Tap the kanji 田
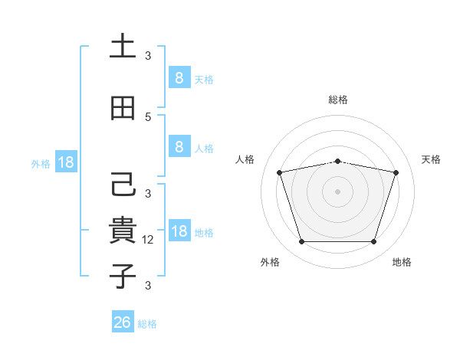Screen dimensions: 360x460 point(123,109)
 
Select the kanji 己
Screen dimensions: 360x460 point(123,185)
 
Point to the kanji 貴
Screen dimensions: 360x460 point(123,231)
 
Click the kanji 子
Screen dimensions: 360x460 point(123,276)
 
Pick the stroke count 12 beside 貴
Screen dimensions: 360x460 point(149,240)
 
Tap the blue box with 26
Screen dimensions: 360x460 point(122,322)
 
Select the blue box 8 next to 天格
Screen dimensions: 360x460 point(179,77)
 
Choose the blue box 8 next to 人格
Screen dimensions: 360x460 point(179,147)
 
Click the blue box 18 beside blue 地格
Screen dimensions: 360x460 point(179,232)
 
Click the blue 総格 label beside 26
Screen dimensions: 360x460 point(147,324)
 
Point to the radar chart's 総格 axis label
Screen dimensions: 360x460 point(337,100)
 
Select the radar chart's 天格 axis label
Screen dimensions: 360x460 point(431,159)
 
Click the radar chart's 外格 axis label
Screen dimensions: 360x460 point(270,262)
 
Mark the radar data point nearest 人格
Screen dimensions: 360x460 point(280,172)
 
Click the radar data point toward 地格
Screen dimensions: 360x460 point(373,242)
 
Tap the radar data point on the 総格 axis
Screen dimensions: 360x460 point(337,161)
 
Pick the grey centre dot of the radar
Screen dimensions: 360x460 point(337,191)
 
